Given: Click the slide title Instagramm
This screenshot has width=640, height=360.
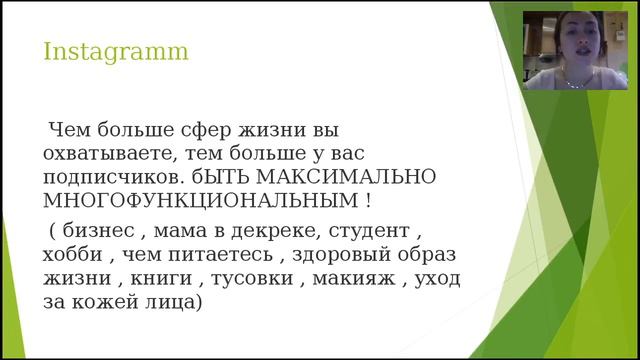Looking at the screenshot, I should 116,50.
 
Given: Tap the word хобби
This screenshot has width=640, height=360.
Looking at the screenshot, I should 74,255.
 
